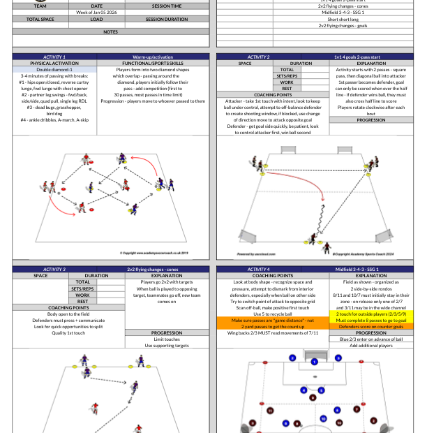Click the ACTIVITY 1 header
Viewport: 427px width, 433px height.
point(54,57)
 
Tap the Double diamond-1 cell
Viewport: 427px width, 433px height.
point(54,69)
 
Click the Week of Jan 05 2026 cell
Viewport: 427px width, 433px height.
point(96,13)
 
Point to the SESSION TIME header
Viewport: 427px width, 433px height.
point(167,6)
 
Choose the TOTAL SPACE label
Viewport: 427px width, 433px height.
point(40,19)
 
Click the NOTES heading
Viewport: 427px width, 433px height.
point(110,31)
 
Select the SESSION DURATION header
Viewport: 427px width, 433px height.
point(167,19)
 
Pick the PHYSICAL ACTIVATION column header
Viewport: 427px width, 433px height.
point(54,63)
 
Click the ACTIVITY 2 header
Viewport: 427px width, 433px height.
point(258,57)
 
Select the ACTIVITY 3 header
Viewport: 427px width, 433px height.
point(54,269)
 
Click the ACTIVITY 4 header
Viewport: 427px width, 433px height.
point(258,269)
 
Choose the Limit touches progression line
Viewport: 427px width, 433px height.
point(165,339)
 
